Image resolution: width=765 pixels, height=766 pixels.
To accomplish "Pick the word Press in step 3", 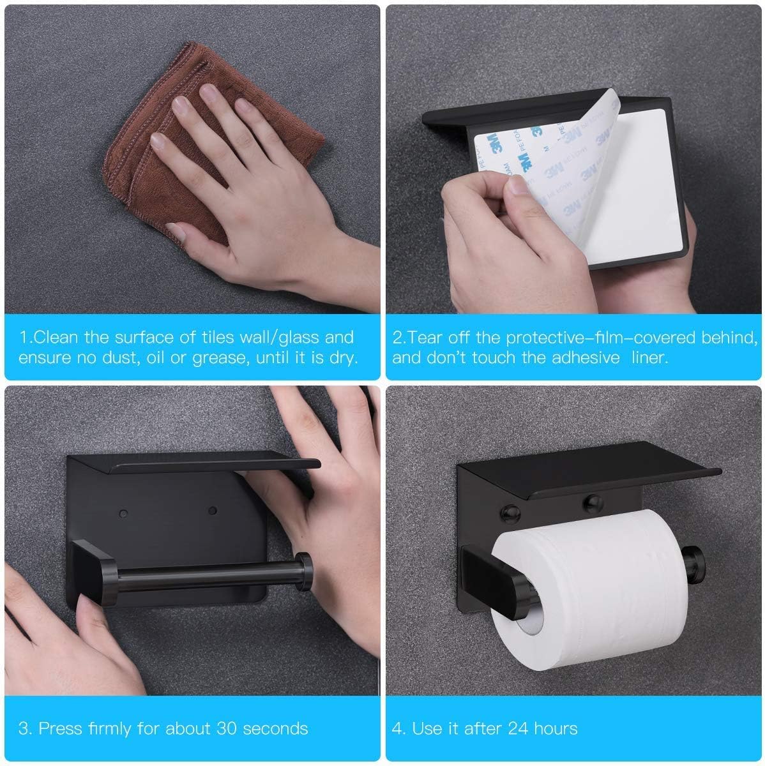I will pos(59,728).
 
